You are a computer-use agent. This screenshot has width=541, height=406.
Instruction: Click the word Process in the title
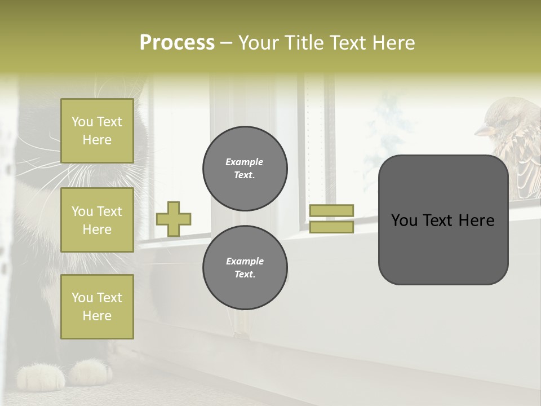coord(177,43)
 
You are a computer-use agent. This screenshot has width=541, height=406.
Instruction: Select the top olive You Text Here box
coord(97,131)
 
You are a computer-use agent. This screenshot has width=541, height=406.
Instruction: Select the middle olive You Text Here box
coord(97,220)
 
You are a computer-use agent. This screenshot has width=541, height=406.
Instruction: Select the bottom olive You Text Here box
coord(97,307)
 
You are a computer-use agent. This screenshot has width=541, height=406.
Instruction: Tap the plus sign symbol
coord(174,219)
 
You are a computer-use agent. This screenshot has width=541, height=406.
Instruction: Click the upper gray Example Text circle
coord(245,169)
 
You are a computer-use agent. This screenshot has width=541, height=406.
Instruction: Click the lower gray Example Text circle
coord(245,267)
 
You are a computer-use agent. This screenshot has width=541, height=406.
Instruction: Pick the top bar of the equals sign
coord(331,210)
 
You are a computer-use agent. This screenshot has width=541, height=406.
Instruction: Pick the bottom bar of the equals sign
coord(331,227)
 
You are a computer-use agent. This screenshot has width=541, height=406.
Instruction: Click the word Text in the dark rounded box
coord(443,220)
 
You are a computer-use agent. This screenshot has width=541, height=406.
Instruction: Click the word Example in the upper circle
coord(245,162)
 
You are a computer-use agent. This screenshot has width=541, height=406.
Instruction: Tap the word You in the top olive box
coord(82,122)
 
